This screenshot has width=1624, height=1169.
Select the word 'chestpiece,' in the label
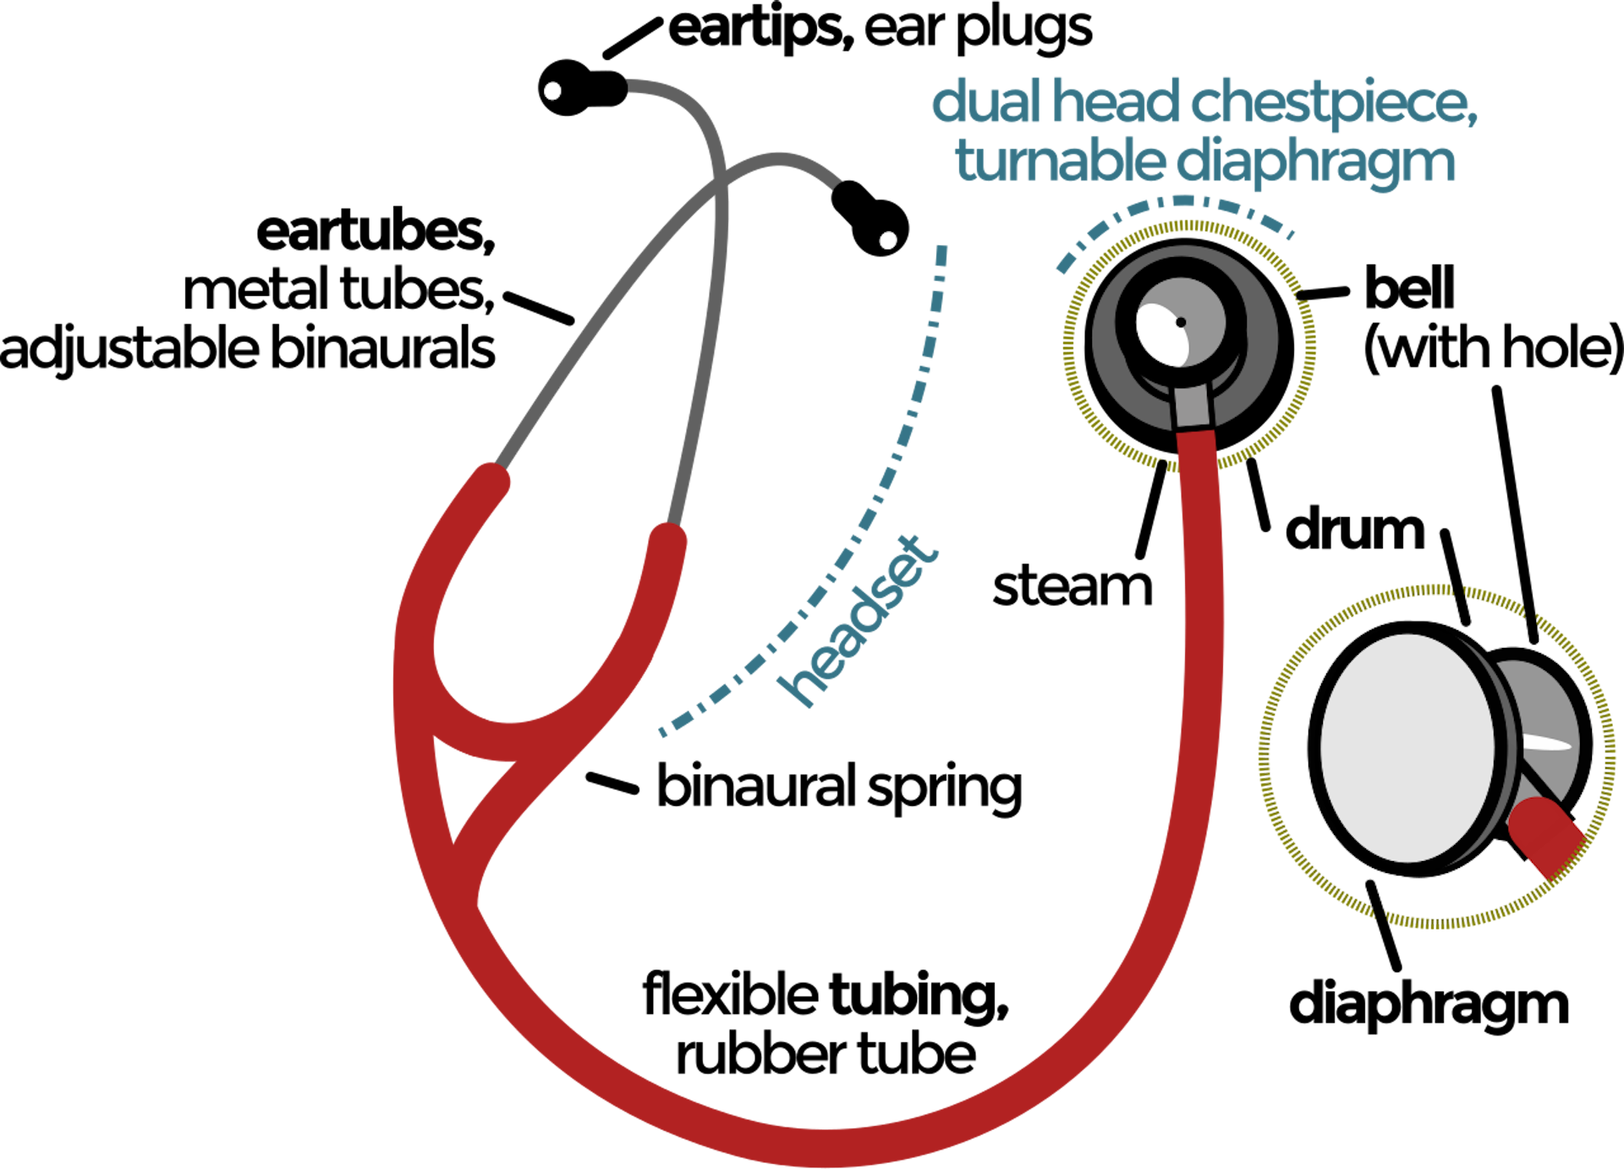tap(1334, 106)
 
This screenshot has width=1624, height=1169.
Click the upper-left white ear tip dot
tap(552, 91)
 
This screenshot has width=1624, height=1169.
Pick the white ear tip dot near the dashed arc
tap(888, 241)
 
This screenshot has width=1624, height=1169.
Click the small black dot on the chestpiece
tap(1181, 322)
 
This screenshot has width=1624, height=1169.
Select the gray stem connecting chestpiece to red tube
tap(1193, 407)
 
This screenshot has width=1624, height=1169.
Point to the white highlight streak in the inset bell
tap(1548, 744)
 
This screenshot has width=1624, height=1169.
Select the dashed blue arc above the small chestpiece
tap(1176, 205)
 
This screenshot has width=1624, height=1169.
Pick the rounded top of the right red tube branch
tap(668, 536)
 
